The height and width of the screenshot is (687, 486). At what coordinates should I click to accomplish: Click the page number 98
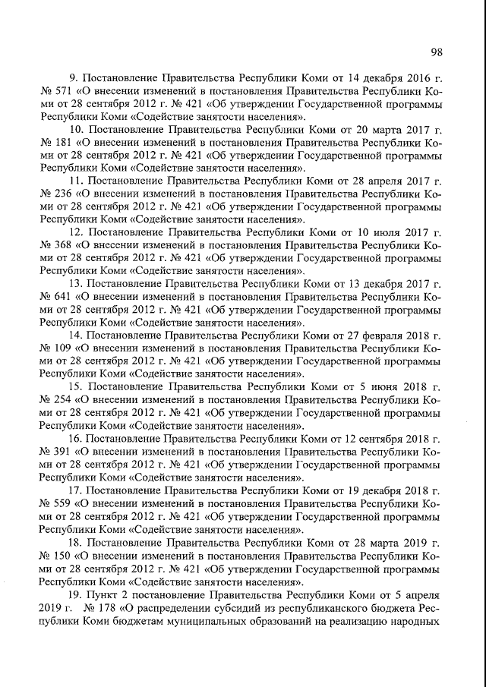click(436, 52)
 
